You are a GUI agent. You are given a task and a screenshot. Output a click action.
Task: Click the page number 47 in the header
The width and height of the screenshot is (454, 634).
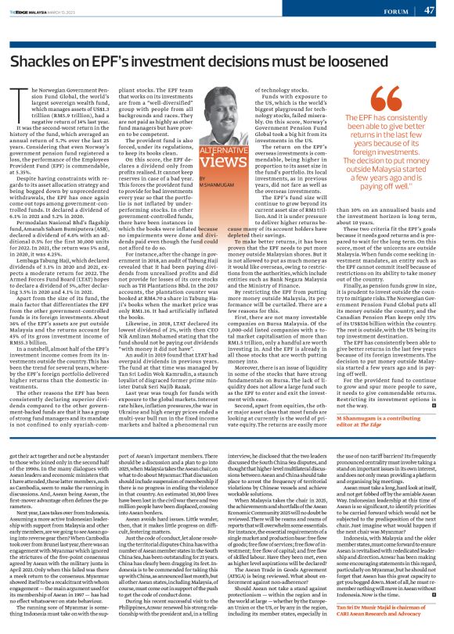point(430,10)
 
